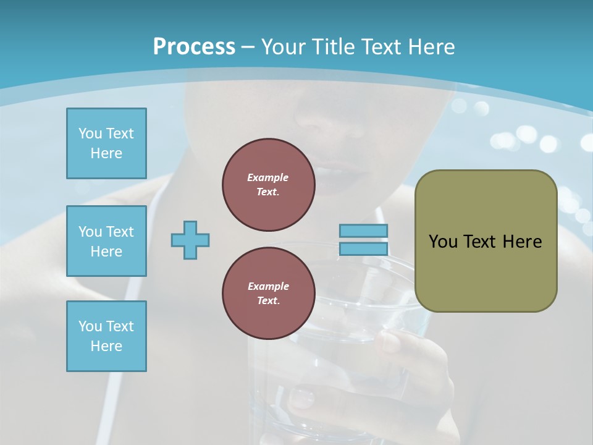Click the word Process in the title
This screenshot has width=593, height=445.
[x=194, y=46]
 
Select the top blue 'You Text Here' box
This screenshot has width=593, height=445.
[x=106, y=143]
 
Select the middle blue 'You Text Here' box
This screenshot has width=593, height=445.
[x=106, y=241]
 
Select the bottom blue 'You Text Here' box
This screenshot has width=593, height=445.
[x=106, y=336]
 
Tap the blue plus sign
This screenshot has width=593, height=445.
[x=190, y=240]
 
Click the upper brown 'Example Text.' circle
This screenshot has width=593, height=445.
[x=268, y=185]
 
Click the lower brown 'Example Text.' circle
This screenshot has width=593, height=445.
[x=268, y=294]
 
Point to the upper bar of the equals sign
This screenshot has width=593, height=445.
[x=363, y=231]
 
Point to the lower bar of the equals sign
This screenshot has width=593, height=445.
[x=363, y=249]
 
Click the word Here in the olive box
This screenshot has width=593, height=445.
[x=522, y=242]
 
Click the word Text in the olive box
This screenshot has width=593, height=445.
[x=482, y=242]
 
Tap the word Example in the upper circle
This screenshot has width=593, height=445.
[x=268, y=177]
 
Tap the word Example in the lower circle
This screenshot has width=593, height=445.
[x=268, y=286]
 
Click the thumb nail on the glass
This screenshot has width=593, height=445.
[x=302, y=398]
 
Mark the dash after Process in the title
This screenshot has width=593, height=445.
[x=248, y=47]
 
